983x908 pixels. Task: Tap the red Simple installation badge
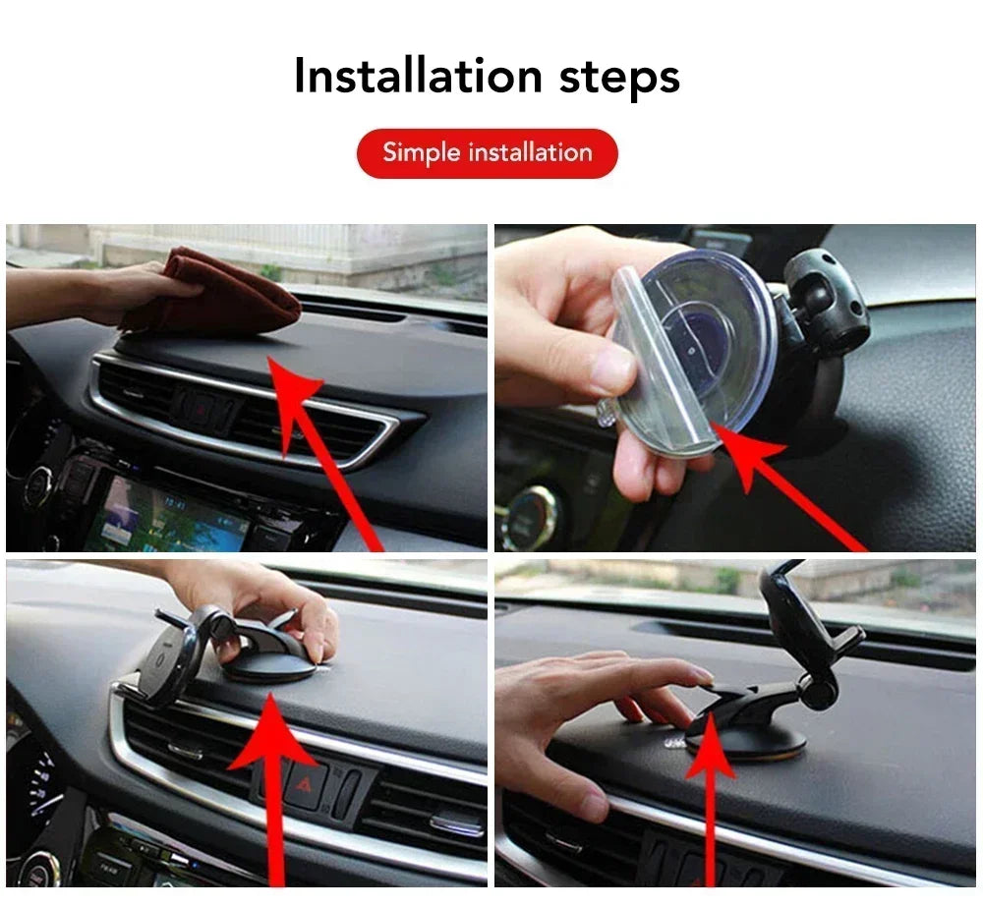point(487,153)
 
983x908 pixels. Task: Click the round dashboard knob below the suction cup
point(531,516)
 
